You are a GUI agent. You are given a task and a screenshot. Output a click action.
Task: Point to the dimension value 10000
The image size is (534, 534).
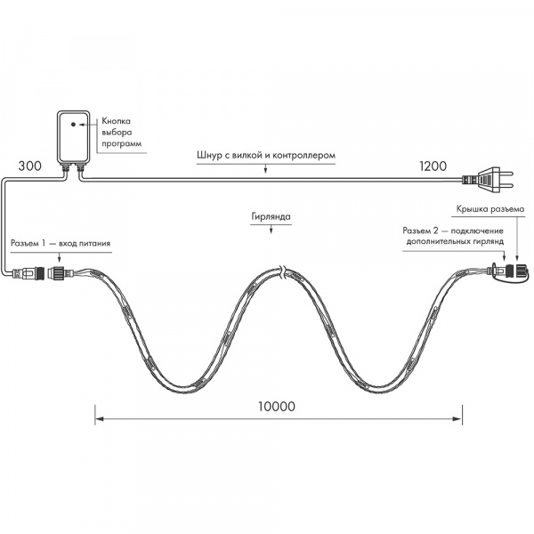(x=277, y=405)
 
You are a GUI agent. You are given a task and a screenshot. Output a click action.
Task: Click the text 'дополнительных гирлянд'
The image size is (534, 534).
(x=456, y=241)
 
